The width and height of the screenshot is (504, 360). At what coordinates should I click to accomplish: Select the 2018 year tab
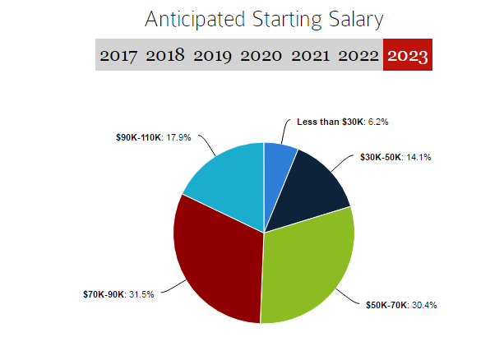coord(166,57)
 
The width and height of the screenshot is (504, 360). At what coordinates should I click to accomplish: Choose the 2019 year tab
coord(214,57)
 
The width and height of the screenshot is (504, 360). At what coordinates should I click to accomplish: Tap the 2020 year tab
coord(261,57)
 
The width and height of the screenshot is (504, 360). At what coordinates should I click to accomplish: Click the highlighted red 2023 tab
coord(407,57)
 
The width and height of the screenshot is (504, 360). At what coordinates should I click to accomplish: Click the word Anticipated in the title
coord(190,20)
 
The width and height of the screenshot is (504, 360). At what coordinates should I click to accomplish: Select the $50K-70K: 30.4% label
coord(401,305)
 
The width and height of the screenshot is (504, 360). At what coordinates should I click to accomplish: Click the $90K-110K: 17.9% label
coord(153,137)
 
